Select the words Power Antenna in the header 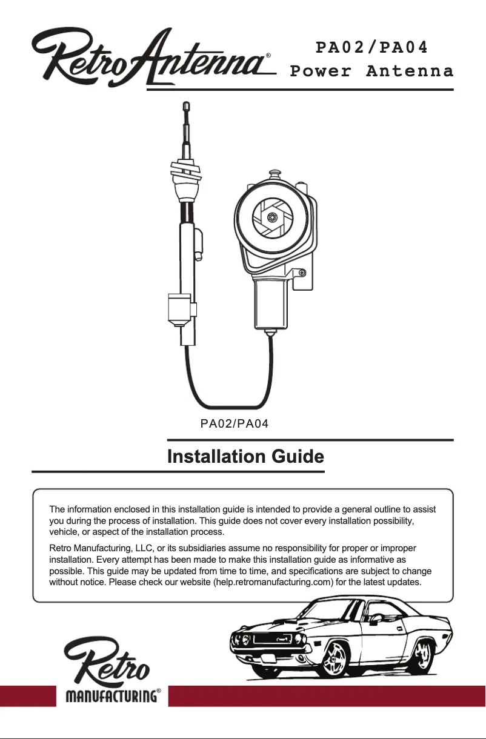[x=371, y=71]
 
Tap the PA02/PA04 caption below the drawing [x=235, y=423]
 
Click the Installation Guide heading [x=245, y=456]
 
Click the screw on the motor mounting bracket [x=302, y=273]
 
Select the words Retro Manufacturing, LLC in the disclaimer [x=98, y=548]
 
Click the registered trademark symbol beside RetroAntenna [x=268, y=55]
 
